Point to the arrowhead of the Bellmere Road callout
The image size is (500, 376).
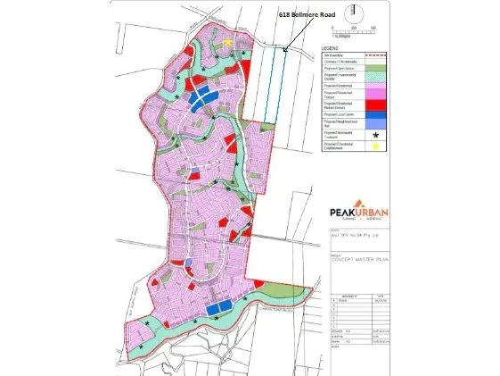click(x=284, y=50)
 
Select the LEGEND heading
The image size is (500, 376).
click(x=332, y=47)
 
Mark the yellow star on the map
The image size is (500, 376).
click(x=228, y=41)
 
